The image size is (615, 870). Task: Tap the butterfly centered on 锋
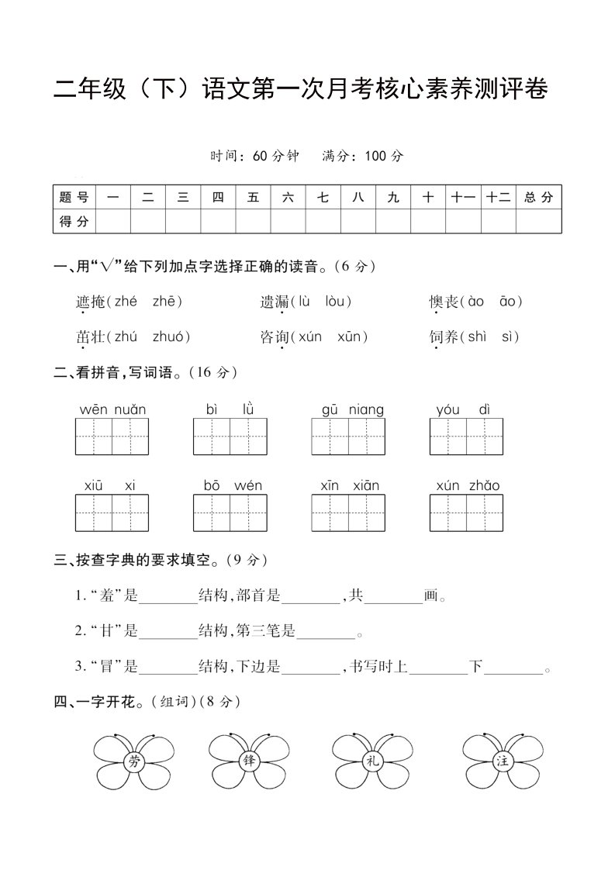248,761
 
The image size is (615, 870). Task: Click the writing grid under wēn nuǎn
112,437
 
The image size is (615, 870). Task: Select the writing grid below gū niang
348,437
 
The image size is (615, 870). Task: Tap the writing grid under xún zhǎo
467,513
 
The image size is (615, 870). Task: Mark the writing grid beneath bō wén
230,513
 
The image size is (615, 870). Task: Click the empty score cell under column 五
253,222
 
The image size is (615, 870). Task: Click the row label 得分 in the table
74,222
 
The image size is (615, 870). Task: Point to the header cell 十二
498,198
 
